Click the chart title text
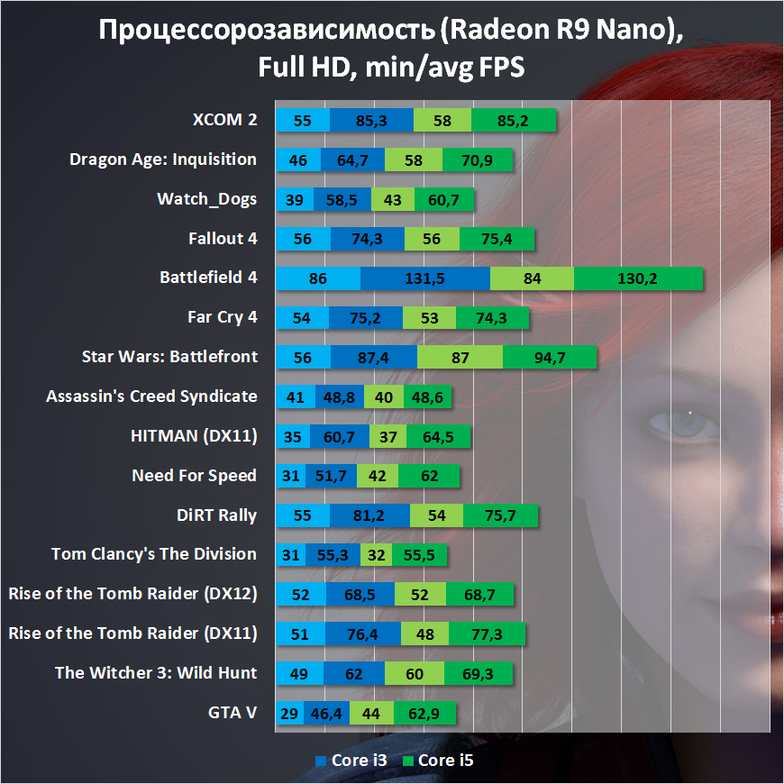391,48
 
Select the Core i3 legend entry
351,761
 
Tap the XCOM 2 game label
224,120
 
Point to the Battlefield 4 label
208,278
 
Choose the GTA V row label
232,713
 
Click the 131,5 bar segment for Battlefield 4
425,278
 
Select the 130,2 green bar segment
638,278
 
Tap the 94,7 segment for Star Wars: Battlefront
550,358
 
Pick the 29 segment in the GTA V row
290,714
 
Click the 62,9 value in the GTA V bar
425,714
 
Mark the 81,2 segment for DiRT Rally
369,515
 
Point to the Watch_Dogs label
206,199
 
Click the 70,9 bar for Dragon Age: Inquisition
478,160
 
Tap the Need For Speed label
194,476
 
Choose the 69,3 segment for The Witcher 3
475,674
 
